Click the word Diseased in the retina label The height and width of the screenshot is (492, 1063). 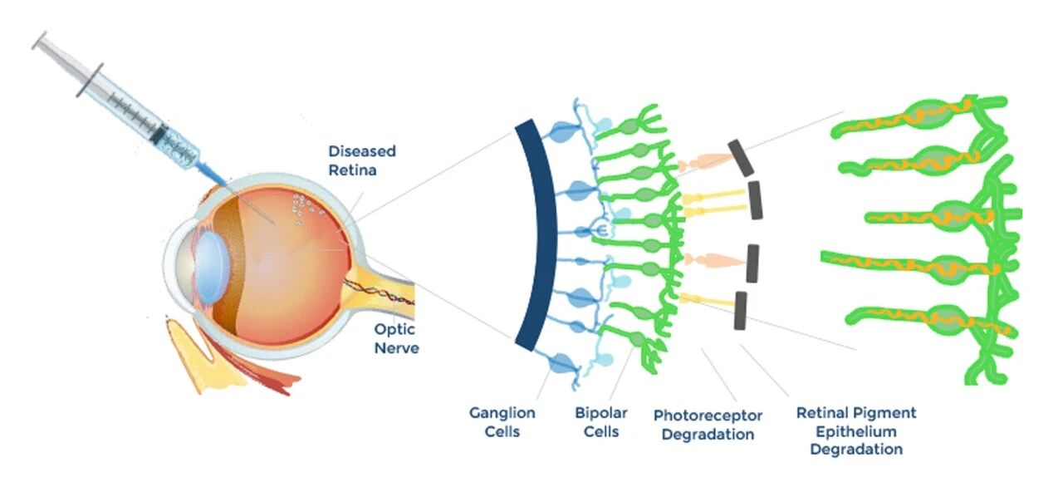(x=362, y=151)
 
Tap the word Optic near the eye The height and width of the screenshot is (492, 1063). (x=394, y=329)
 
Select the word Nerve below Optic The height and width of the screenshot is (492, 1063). (x=396, y=348)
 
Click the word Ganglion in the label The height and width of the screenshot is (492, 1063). (x=502, y=413)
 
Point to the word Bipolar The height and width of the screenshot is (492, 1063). (x=601, y=413)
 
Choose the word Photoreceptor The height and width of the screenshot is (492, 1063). (x=708, y=416)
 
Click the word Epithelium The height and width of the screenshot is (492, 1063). (x=856, y=431)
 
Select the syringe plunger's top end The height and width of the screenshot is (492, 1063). (x=40, y=41)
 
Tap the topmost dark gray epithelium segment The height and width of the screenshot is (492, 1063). (x=741, y=158)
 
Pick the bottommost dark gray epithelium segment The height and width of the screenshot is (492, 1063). (x=740, y=311)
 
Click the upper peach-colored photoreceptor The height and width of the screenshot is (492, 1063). (x=707, y=162)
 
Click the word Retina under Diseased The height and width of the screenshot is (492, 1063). (x=352, y=170)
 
